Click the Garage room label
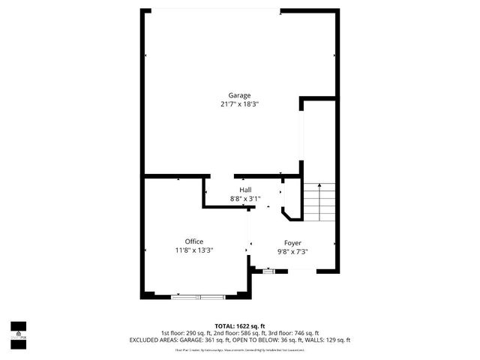pyautogui.click(x=240, y=95)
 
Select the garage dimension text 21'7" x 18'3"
pyautogui.click(x=240, y=104)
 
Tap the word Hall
pyautogui.click(x=245, y=190)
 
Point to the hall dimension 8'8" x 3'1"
pyautogui.click(x=245, y=199)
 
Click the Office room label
pyautogui.click(x=194, y=241)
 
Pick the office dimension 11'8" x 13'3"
pyautogui.click(x=194, y=250)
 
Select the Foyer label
pyautogui.click(x=292, y=243)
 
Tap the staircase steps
pyautogui.click(x=318, y=202)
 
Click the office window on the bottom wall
pyautogui.click(x=197, y=298)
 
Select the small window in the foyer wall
pyautogui.click(x=268, y=271)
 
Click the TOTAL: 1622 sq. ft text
pyautogui.click(x=240, y=325)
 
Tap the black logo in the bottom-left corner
pyautogui.click(x=18, y=331)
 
